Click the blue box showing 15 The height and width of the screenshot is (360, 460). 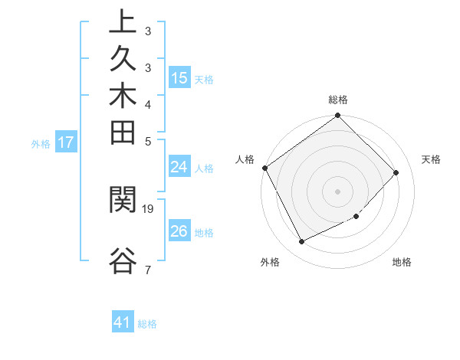[x=179, y=78]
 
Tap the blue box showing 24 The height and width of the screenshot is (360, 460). [x=179, y=167]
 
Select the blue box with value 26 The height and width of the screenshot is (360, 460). [x=179, y=231]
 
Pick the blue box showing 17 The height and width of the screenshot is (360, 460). [x=66, y=142]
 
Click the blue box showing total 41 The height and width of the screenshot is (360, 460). [x=123, y=323]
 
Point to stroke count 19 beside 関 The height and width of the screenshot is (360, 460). [x=148, y=208]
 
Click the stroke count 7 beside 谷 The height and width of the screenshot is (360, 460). [x=147, y=270]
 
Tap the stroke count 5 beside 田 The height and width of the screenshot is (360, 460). [x=147, y=141]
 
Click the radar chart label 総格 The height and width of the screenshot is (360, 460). [x=338, y=100]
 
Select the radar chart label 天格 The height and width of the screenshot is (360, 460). [x=431, y=159]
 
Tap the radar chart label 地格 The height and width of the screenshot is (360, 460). [x=402, y=262]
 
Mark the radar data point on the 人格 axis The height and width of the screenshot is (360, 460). [x=265, y=168]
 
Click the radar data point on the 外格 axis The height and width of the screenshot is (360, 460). [x=301, y=241]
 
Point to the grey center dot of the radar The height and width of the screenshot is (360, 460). [x=338, y=191]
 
